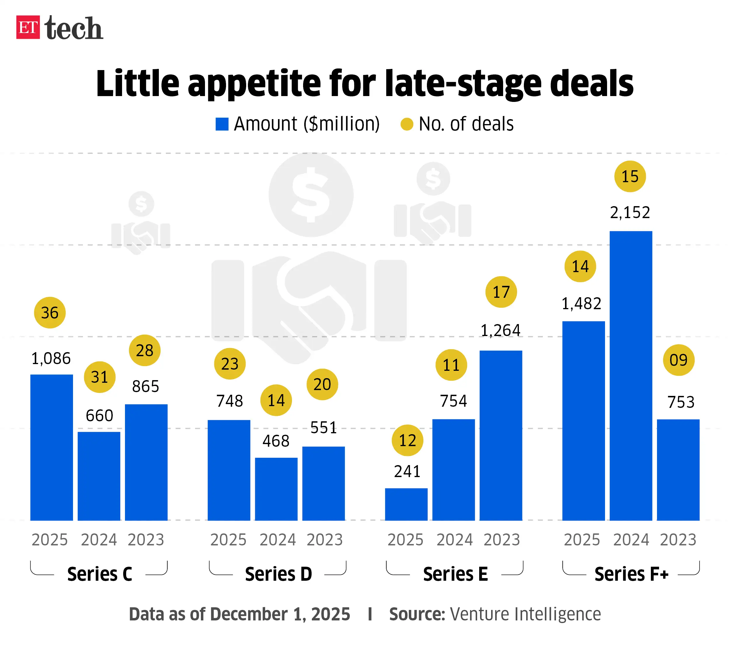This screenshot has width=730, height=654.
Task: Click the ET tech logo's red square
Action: tap(28, 27)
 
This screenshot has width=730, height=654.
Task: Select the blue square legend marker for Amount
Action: tap(222, 124)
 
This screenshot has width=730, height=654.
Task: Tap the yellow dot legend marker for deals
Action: tap(406, 124)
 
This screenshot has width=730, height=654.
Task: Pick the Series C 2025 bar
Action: tap(51, 447)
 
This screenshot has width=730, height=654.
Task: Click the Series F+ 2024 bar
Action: tap(630, 375)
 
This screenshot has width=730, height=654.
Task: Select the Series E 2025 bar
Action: tap(406, 504)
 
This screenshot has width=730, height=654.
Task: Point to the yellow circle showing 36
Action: tap(50, 313)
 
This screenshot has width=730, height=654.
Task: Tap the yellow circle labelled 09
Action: tap(678, 360)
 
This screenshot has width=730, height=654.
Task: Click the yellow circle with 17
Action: tap(501, 292)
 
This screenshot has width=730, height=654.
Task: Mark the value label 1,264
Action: tap(500, 331)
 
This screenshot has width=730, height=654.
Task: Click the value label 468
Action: tap(276, 441)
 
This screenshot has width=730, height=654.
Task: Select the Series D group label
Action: tap(278, 574)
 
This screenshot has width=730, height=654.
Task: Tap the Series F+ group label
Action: tap(631, 574)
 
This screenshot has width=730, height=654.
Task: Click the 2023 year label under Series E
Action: tap(501, 540)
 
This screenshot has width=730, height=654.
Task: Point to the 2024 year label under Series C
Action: tap(99, 540)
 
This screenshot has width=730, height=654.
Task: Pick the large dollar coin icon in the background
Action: tap(311, 195)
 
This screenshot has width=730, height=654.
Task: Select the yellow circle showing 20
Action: tap(322, 385)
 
